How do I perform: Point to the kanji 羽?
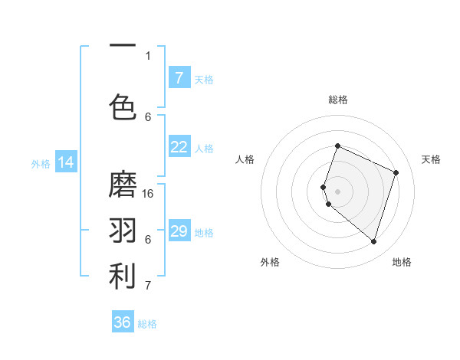123,231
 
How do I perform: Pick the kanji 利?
123,277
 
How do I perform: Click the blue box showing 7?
179,78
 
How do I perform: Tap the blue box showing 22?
179,147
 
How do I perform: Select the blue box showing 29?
179,231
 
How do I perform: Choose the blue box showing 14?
65,162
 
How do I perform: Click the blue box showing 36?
123,322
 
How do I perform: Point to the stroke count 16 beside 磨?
149,193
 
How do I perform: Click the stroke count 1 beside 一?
148,55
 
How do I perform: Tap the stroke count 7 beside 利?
148,286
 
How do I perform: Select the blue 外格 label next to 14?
40,163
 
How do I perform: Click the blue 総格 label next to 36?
147,324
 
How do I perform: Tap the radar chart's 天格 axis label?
432,159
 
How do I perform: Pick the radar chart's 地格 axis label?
402,262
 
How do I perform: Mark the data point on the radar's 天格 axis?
396,172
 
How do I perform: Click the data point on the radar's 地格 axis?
373,241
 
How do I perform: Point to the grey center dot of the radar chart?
337,191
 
